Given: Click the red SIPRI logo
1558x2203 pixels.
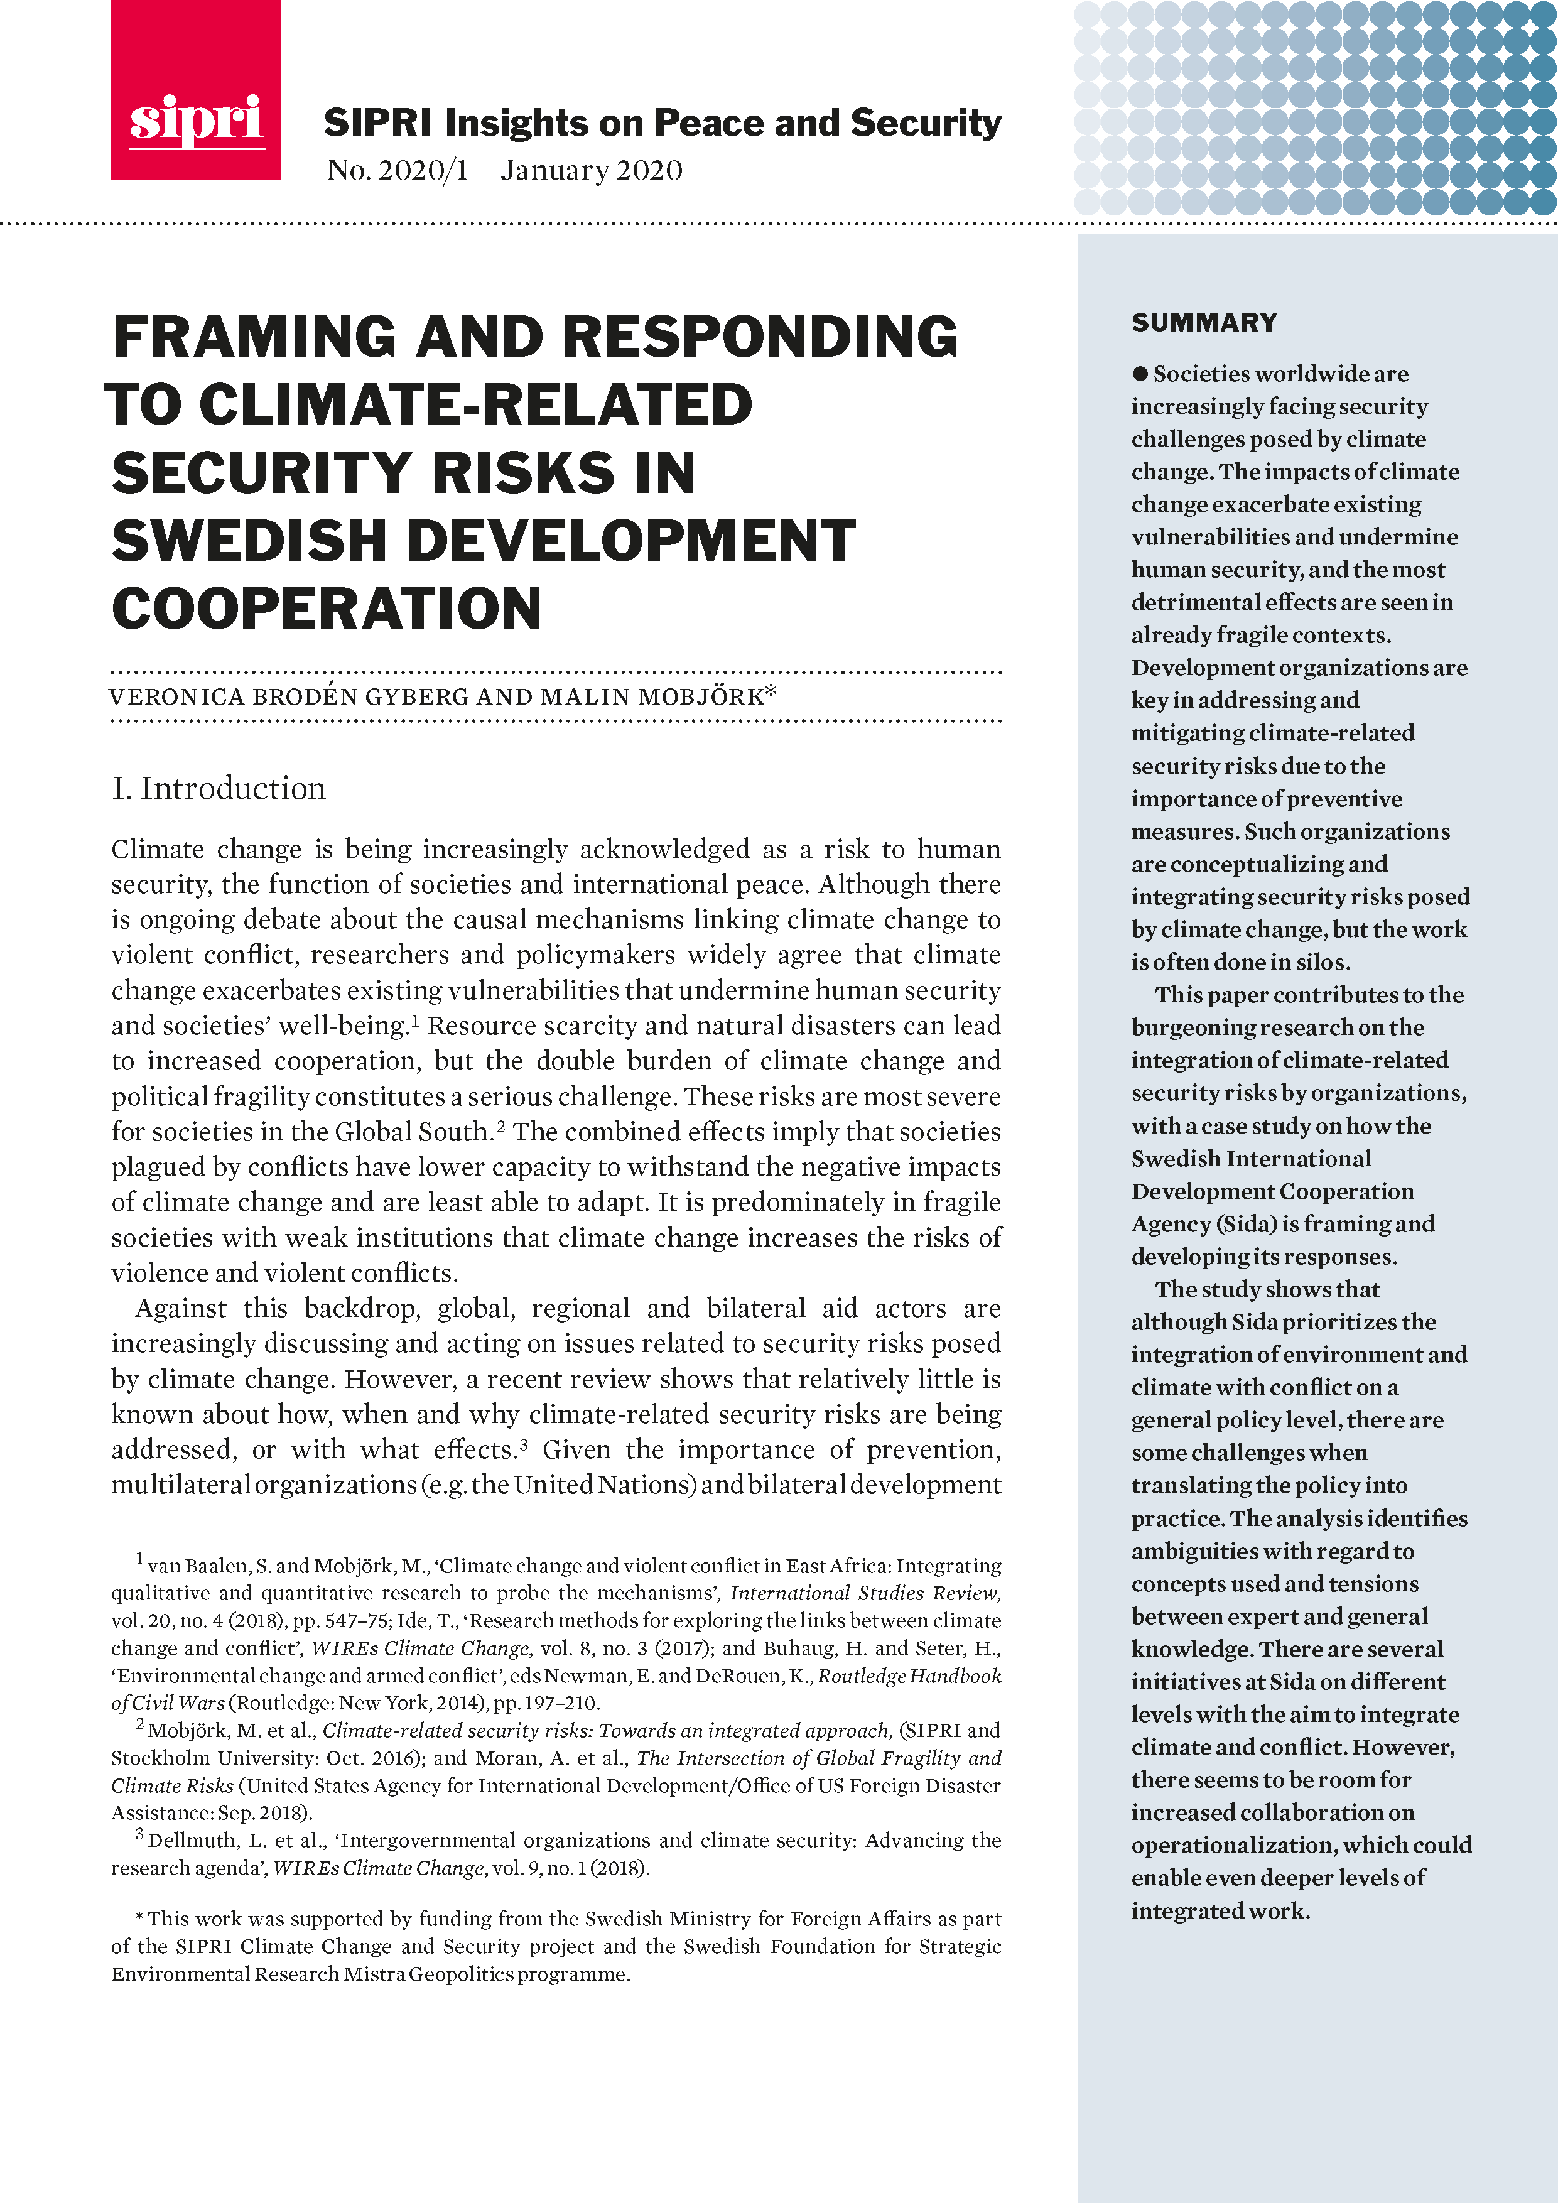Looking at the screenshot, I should pos(196,91).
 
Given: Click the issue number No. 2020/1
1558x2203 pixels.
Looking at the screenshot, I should pos(397,171).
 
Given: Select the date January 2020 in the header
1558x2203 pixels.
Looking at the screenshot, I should pos(591,171).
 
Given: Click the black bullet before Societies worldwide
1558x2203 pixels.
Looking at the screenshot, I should pos(1140,373).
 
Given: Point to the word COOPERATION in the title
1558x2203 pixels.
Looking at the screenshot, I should pos(326,609).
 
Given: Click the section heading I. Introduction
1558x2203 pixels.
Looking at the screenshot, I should pos(219,789).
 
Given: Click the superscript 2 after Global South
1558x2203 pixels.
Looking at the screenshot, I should pos(500,1125).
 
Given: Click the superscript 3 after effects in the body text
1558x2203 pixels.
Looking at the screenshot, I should pos(524,1443).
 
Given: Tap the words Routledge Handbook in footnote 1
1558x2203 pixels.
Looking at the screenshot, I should pos(909,1676).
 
